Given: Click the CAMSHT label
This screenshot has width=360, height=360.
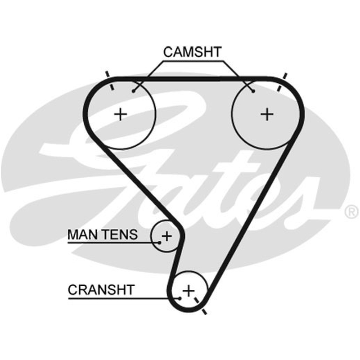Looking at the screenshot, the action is click(193, 52).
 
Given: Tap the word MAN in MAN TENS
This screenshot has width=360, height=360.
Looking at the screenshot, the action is click(83, 234).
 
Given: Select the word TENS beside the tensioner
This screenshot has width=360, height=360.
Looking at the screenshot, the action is click(120, 234).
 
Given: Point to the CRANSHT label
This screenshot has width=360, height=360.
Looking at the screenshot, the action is click(101, 290).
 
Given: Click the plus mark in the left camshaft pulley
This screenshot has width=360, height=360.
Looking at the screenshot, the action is click(121, 114).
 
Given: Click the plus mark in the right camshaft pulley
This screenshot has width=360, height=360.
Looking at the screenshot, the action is click(267, 114).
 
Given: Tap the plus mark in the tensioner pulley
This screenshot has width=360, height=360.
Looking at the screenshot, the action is click(167, 236).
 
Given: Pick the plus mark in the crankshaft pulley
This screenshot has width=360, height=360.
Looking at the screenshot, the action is click(189, 291).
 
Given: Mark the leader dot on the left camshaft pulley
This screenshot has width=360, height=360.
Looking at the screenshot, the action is click(133, 91).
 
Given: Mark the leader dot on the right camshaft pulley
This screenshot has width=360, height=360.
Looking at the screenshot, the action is click(253, 91).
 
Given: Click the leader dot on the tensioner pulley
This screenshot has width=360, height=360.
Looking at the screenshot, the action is click(159, 243).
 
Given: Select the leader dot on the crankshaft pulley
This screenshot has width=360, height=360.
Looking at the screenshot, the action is click(180, 298).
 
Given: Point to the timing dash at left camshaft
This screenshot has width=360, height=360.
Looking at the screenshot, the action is click(109, 81).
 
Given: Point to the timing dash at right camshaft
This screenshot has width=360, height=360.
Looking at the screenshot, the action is click(282, 82).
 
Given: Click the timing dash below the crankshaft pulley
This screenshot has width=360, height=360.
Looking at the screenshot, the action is click(201, 306).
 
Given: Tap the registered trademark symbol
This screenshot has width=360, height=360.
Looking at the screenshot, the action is click(351, 211).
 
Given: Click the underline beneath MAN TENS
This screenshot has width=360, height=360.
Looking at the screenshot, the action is click(113, 243).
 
